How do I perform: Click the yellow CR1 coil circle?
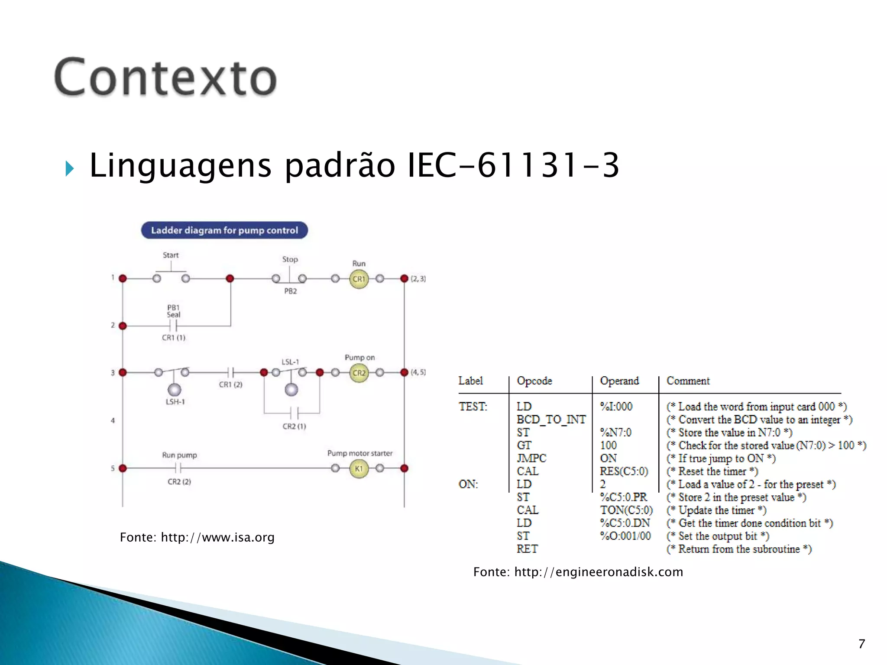pyautogui.click(x=359, y=279)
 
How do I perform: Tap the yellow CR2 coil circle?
pyautogui.click(x=359, y=373)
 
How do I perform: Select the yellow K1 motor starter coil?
pyautogui.click(x=359, y=468)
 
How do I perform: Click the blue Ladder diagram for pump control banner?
pyautogui.click(x=224, y=230)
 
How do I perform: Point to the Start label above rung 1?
pyautogui.click(x=171, y=255)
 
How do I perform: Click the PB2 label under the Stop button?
pyautogui.click(x=290, y=291)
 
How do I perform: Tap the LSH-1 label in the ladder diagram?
pyautogui.click(x=175, y=402)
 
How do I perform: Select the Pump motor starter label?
pyautogui.click(x=359, y=453)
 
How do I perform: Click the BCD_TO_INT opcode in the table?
pyautogui.click(x=551, y=420)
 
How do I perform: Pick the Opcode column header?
pyautogui.click(x=534, y=381)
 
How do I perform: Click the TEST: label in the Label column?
pyautogui.click(x=473, y=407)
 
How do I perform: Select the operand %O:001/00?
pyautogui.click(x=625, y=536)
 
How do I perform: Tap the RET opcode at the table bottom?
pyautogui.click(x=527, y=549)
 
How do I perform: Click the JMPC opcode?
pyautogui.click(x=531, y=458)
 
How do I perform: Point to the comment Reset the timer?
pyautogui.click(x=712, y=471)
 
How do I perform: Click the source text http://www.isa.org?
pyautogui.click(x=217, y=537)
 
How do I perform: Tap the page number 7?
pyautogui.click(x=861, y=644)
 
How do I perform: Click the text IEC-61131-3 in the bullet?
pyautogui.click(x=513, y=165)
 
